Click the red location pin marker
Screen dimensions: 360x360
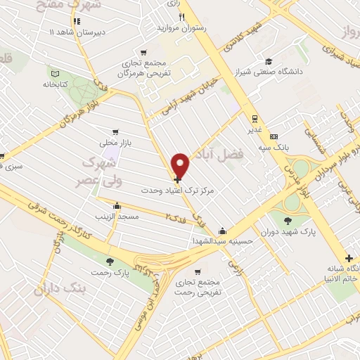coord(181,165)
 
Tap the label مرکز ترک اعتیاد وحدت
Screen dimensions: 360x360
coord(210,190)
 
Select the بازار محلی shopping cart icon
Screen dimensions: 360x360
coord(115,131)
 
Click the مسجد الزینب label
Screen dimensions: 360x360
coord(117,217)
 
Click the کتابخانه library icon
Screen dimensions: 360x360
coord(56,72)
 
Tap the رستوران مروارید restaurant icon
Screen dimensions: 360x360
coord(182,17)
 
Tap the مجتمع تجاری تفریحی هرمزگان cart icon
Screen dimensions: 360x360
coord(144,52)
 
